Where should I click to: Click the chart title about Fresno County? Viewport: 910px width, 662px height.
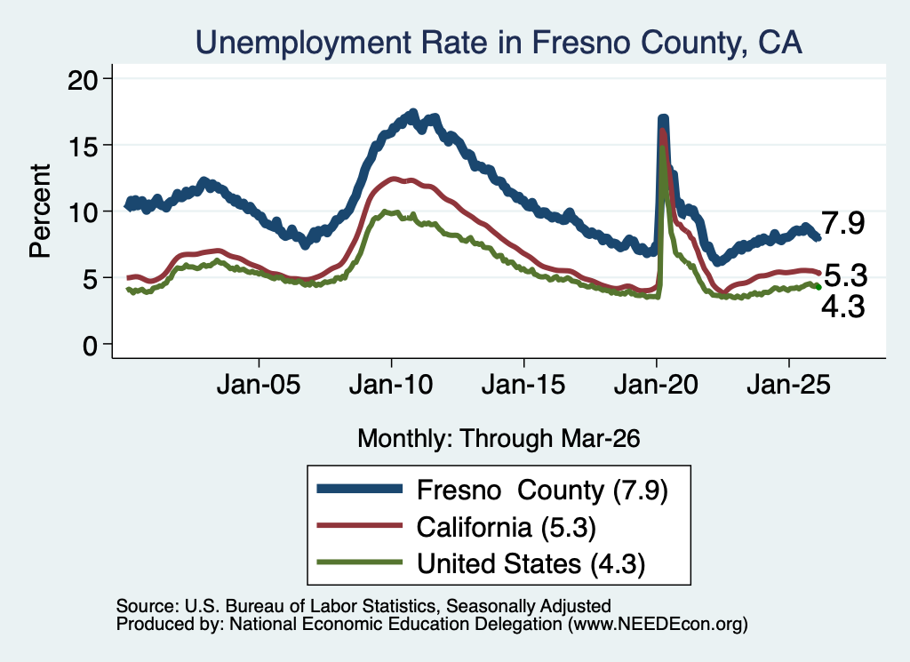499,43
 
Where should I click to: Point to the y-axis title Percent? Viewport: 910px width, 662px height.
40,211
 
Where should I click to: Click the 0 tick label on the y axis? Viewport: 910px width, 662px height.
89,345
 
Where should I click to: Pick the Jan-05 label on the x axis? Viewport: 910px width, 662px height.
259,385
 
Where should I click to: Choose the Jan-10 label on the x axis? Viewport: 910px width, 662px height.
391,385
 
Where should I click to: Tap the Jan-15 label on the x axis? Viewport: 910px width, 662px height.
523,385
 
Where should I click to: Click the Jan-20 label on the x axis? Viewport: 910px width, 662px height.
656,385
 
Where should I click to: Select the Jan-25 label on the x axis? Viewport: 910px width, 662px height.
789,385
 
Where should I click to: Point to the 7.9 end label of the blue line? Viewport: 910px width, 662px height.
843,223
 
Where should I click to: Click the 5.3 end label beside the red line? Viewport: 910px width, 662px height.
846,275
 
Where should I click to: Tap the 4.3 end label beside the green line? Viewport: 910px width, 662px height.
843,307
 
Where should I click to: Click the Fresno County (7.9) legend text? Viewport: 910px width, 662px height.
543,491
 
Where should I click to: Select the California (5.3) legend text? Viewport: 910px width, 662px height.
506,527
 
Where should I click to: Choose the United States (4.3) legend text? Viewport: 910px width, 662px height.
531,563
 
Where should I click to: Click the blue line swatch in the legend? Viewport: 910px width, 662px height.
360,489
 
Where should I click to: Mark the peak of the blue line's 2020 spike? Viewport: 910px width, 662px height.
663,118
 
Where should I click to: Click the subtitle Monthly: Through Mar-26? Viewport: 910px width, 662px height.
499,439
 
